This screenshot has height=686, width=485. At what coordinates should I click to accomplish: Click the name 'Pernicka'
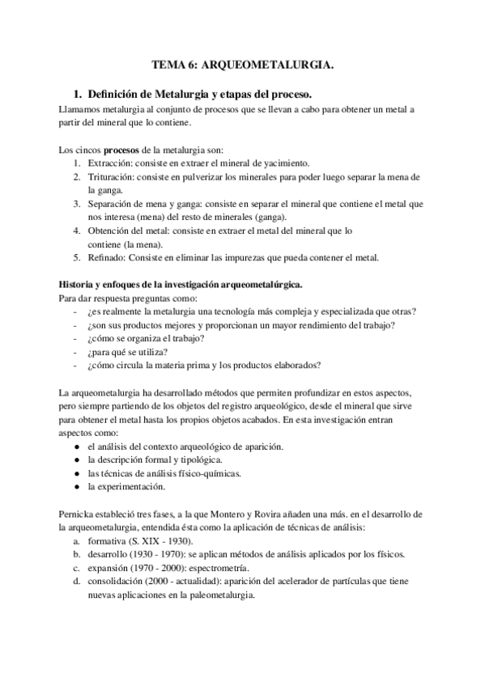pos(80,514)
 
